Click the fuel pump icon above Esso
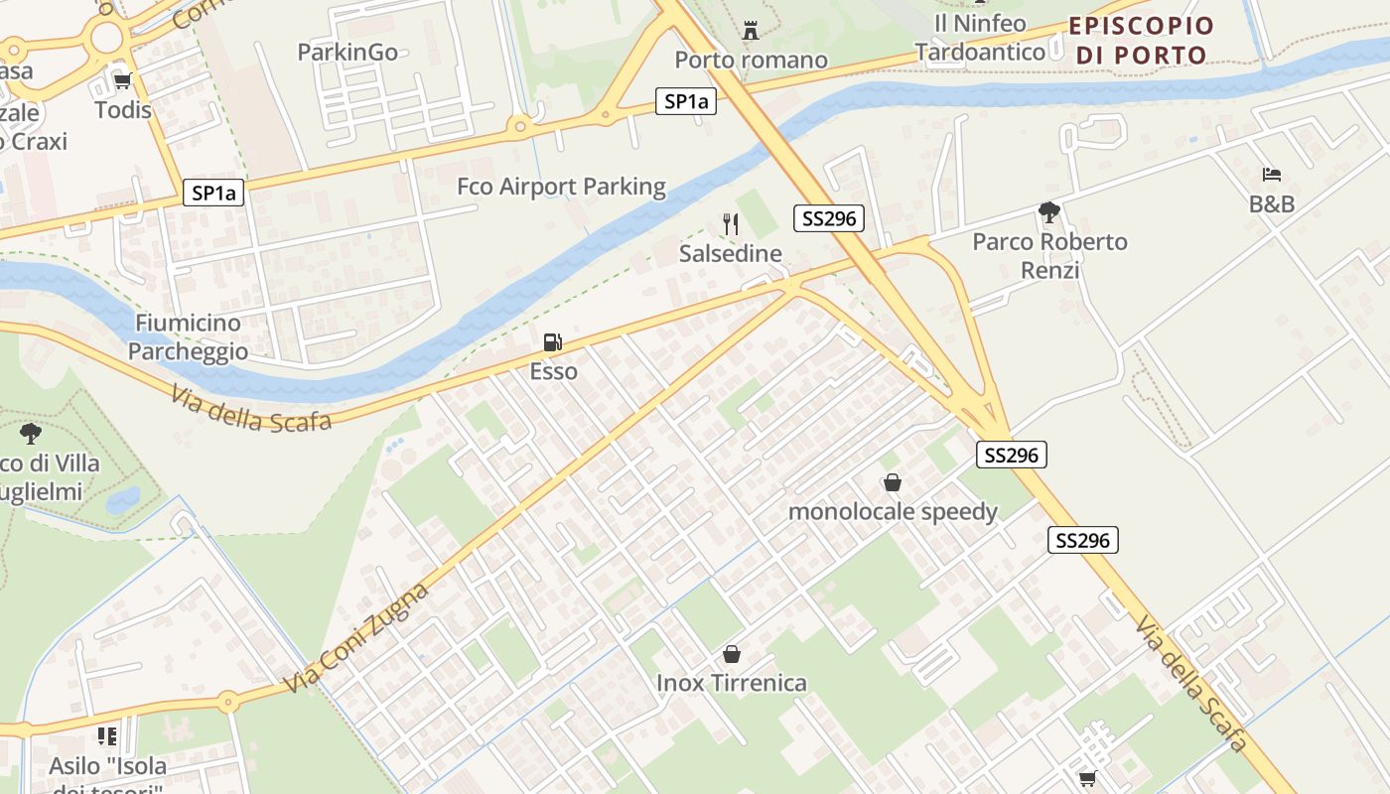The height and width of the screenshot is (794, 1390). click(x=553, y=343)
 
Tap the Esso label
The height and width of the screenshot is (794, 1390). click(x=553, y=371)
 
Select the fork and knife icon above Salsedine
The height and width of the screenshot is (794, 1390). click(x=731, y=224)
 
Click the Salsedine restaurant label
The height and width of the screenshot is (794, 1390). click(x=731, y=254)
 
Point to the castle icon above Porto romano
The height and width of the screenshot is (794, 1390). click(x=751, y=32)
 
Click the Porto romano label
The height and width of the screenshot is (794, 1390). click(x=751, y=61)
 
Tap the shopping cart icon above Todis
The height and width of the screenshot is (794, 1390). click(x=123, y=81)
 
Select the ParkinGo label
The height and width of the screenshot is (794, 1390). click(x=347, y=52)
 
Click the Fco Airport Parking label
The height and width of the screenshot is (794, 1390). click(x=561, y=187)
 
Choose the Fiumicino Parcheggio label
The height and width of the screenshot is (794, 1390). click(x=188, y=336)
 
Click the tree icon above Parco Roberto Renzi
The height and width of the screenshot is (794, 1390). click(x=1049, y=211)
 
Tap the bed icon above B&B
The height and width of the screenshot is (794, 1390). click(x=1272, y=175)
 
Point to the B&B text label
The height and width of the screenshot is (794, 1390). click(x=1272, y=204)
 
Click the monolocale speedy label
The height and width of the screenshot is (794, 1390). click(x=893, y=512)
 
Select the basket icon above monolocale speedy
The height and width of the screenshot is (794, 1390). click(x=893, y=483)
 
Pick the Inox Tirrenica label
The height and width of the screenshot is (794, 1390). click(x=732, y=683)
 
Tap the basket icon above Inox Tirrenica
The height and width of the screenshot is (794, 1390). click(x=732, y=654)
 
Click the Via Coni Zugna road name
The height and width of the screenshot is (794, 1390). click(x=356, y=638)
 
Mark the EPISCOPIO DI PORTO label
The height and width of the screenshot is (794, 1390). click(x=1142, y=41)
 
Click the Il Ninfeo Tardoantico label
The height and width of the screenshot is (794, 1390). click(x=980, y=37)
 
